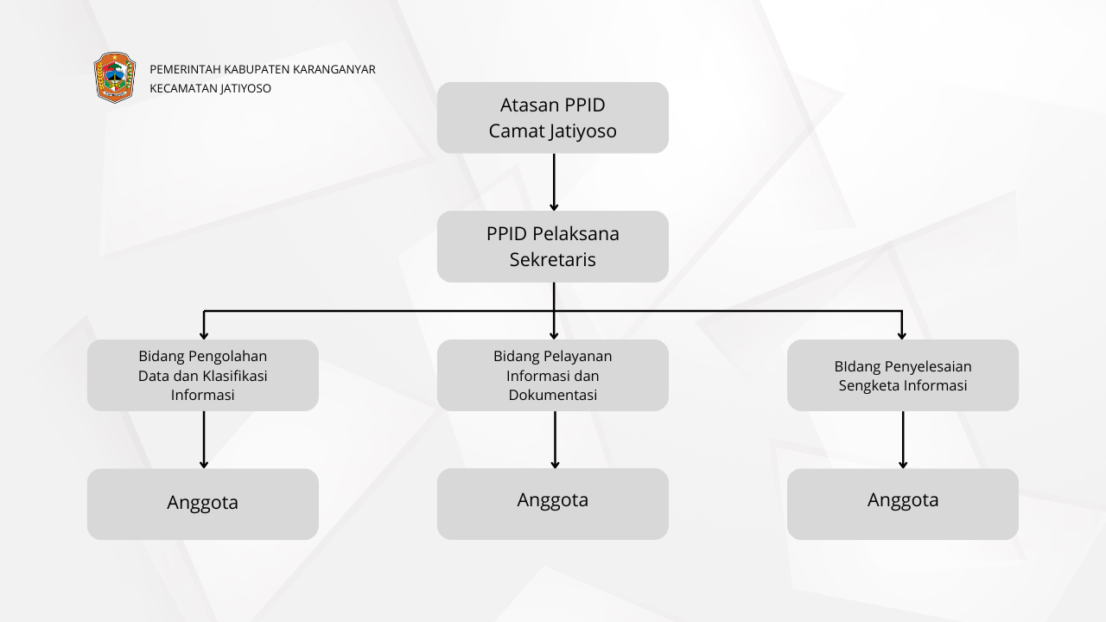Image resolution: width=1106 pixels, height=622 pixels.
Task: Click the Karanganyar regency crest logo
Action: click(115, 78)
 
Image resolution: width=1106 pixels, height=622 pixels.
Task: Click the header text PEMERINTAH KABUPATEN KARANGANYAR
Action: click(262, 69)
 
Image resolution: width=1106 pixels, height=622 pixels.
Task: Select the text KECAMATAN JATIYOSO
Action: click(210, 88)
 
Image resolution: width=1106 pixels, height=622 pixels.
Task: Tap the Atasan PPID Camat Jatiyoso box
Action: click(552, 117)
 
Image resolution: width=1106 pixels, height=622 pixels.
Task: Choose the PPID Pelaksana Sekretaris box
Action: click(552, 246)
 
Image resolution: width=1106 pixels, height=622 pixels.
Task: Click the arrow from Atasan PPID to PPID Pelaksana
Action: click(554, 181)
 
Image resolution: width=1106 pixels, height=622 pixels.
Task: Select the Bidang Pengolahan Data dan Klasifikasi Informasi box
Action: click(202, 375)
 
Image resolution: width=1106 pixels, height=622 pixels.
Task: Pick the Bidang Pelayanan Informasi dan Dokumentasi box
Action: click(552, 375)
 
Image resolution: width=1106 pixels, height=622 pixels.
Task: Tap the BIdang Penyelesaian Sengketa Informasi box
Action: click(902, 375)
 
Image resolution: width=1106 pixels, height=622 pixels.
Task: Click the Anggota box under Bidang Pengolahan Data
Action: click(202, 504)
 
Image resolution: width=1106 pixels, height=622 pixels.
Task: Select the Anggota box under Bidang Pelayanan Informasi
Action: click(552, 504)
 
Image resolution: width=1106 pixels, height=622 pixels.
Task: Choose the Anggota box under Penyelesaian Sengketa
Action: click(902, 504)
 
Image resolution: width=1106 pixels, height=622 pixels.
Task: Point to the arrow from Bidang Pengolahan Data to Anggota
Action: click(204, 439)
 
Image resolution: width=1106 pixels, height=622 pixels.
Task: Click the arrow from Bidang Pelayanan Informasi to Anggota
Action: click(555, 439)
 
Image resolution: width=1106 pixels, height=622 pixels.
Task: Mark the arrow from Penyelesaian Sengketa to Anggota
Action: click(903, 439)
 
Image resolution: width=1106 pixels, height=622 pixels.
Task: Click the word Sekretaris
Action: click(552, 259)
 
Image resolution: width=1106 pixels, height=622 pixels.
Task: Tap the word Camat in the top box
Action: click(517, 131)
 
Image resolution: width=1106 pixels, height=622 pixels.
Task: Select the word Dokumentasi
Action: click(552, 395)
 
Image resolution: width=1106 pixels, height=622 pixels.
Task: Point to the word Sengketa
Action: click(870, 385)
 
